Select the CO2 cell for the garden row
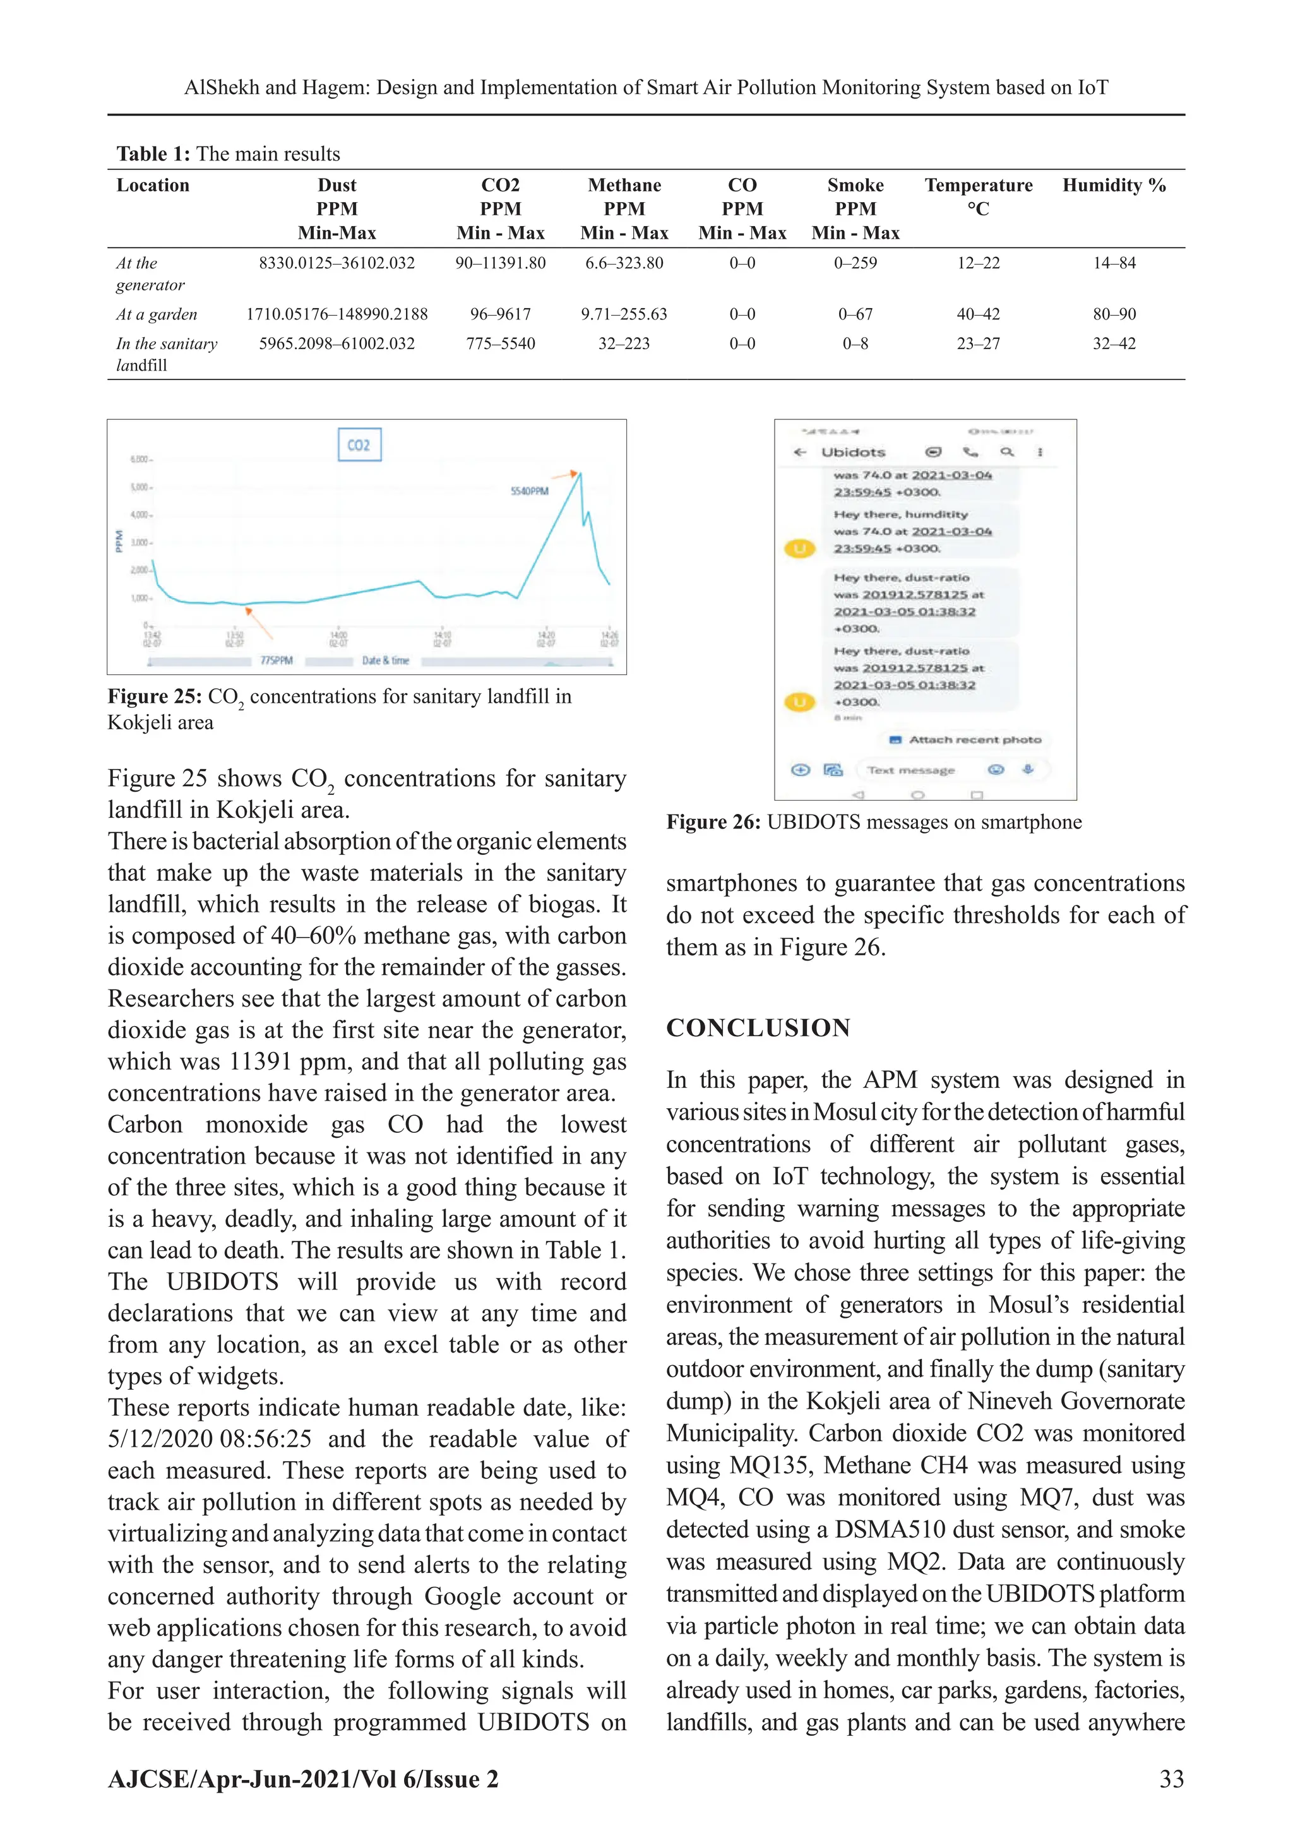pos(500,314)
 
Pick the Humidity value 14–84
pos(1114,263)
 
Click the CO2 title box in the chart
pos(359,445)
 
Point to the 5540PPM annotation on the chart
pos(530,491)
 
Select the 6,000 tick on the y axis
pos(140,460)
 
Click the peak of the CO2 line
pos(580,474)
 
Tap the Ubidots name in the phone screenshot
pos(853,452)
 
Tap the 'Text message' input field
pos(911,770)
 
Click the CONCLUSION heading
pos(758,1028)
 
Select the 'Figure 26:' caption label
pos(713,822)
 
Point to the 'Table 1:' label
pos(153,153)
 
